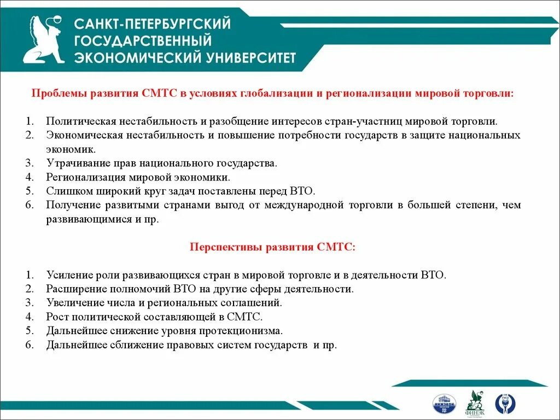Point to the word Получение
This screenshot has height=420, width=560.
pos(71,205)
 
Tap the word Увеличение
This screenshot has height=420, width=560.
pos(73,302)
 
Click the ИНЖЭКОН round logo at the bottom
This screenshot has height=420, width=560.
pos(444,403)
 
